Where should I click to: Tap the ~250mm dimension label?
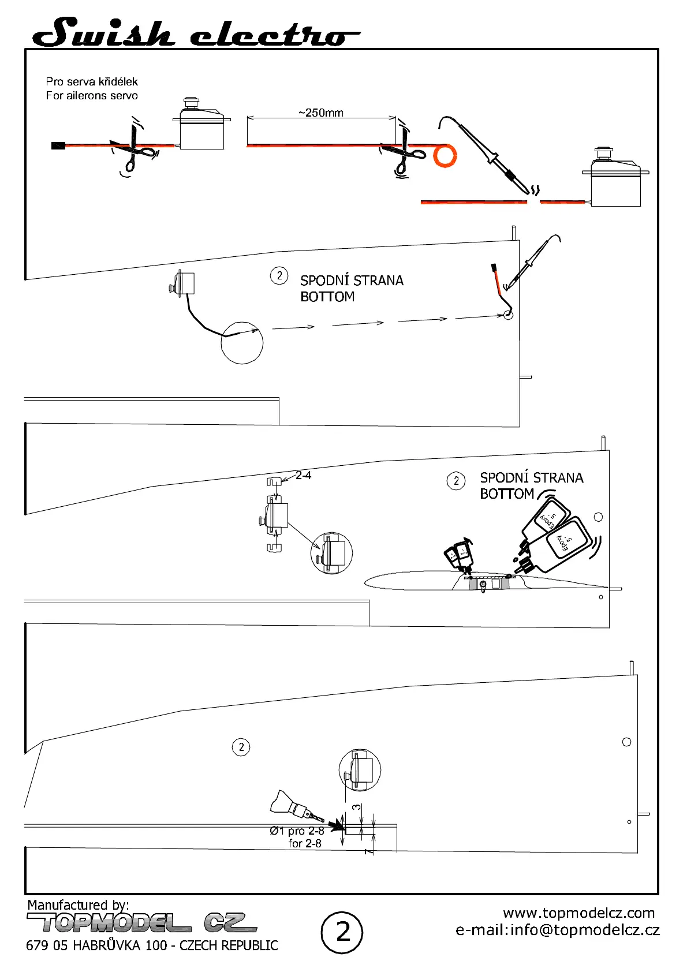click(321, 113)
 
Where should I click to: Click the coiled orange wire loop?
click(445, 156)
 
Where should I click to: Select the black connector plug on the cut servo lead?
click(58, 145)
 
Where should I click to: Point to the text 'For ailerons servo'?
click(92, 96)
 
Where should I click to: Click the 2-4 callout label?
click(303, 476)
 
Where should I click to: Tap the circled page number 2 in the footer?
click(342, 932)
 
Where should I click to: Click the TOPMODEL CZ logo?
click(141, 923)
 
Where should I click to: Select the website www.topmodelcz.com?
click(578, 913)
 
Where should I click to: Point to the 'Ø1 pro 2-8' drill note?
click(297, 831)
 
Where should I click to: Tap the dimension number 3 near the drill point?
click(357, 807)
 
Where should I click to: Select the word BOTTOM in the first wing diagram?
click(327, 297)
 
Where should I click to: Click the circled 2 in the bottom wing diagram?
click(241, 747)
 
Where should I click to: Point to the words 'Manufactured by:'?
click(78, 904)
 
